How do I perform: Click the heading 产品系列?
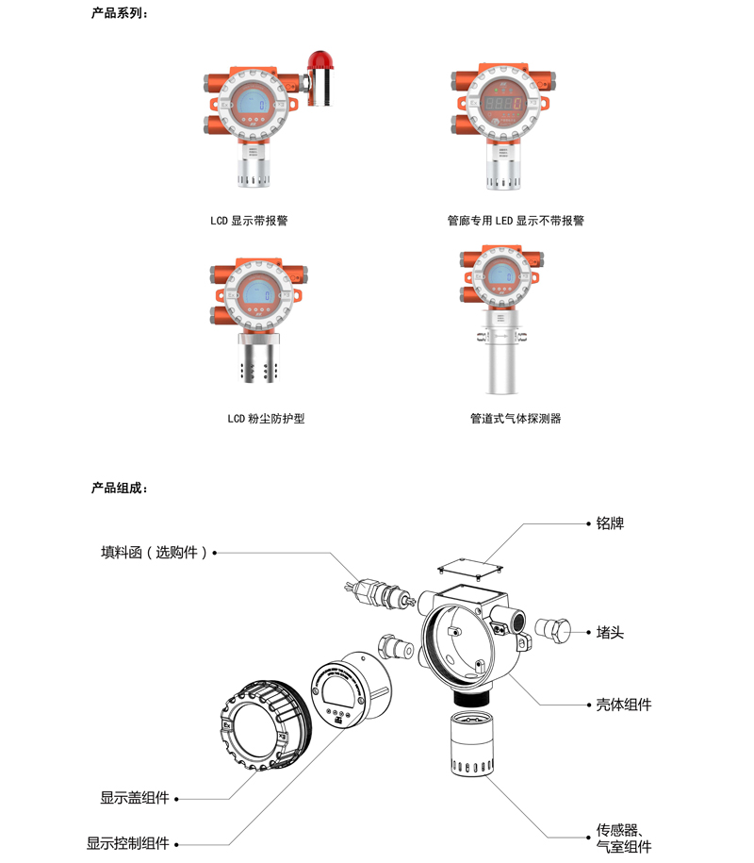tap(120, 13)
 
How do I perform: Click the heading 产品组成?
tap(120, 488)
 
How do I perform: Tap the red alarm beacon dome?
tap(320, 59)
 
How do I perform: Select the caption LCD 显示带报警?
tap(249, 221)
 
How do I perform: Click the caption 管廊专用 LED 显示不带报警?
tap(516, 221)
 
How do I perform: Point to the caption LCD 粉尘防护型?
tap(266, 418)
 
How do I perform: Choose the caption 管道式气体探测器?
tap(516, 418)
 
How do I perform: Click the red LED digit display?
tap(502, 103)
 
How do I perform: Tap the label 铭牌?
tap(610, 523)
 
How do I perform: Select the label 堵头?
tap(610, 632)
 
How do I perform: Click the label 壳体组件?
tap(624, 705)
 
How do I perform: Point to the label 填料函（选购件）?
tap(155, 552)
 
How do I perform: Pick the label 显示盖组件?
tap(135, 798)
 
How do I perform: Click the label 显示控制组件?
tap(127, 843)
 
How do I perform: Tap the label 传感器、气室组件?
tap(624, 838)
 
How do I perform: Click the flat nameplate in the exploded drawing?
tap(471, 568)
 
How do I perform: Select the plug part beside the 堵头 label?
tap(552, 630)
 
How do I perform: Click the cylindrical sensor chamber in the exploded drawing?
tap(472, 743)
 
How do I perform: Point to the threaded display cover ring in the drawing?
tap(265, 724)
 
